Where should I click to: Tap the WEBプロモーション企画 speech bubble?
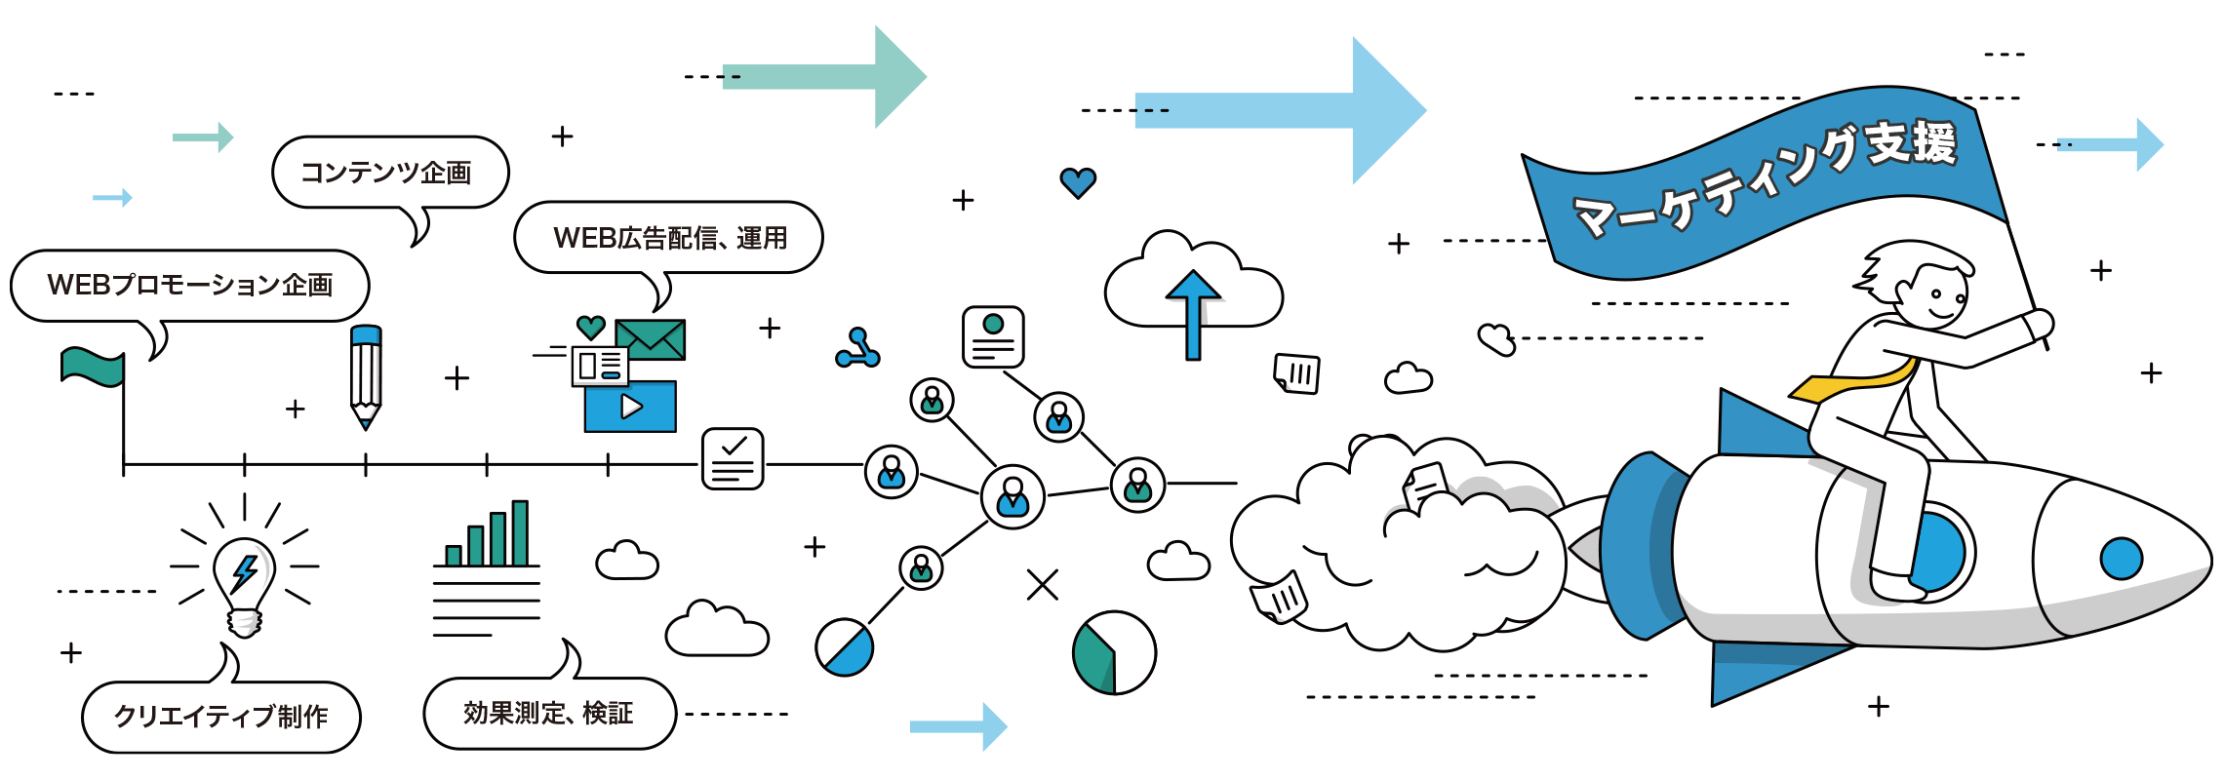point(190,285)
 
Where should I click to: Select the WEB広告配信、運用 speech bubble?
point(669,237)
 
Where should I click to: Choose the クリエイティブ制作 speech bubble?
point(221,717)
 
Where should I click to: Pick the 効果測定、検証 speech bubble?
point(549,713)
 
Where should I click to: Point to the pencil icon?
point(366,374)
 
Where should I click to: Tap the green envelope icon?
point(651,339)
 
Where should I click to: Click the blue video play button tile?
point(630,407)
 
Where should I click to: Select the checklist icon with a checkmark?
point(733,458)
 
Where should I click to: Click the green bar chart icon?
point(488,536)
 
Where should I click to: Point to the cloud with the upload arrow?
point(1193,288)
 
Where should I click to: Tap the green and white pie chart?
point(1113,652)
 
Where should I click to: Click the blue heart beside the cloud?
point(1078,182)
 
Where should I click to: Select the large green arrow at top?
point(824,76)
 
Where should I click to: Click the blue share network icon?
point(858,349)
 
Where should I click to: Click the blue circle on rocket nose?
point(2121,559)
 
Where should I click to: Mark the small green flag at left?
point(93,367)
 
